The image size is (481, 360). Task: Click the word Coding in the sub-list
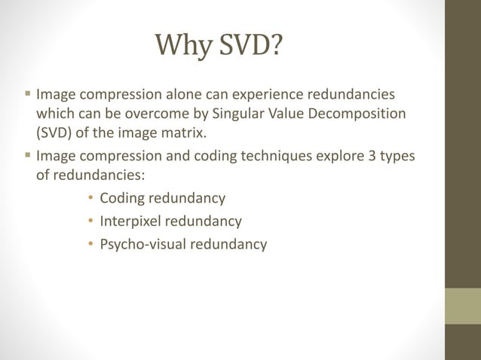[123, 199]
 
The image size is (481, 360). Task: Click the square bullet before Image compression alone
[29, 96]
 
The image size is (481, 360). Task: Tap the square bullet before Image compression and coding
[29, 156]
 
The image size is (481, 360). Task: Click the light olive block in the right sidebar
[463, 306]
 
